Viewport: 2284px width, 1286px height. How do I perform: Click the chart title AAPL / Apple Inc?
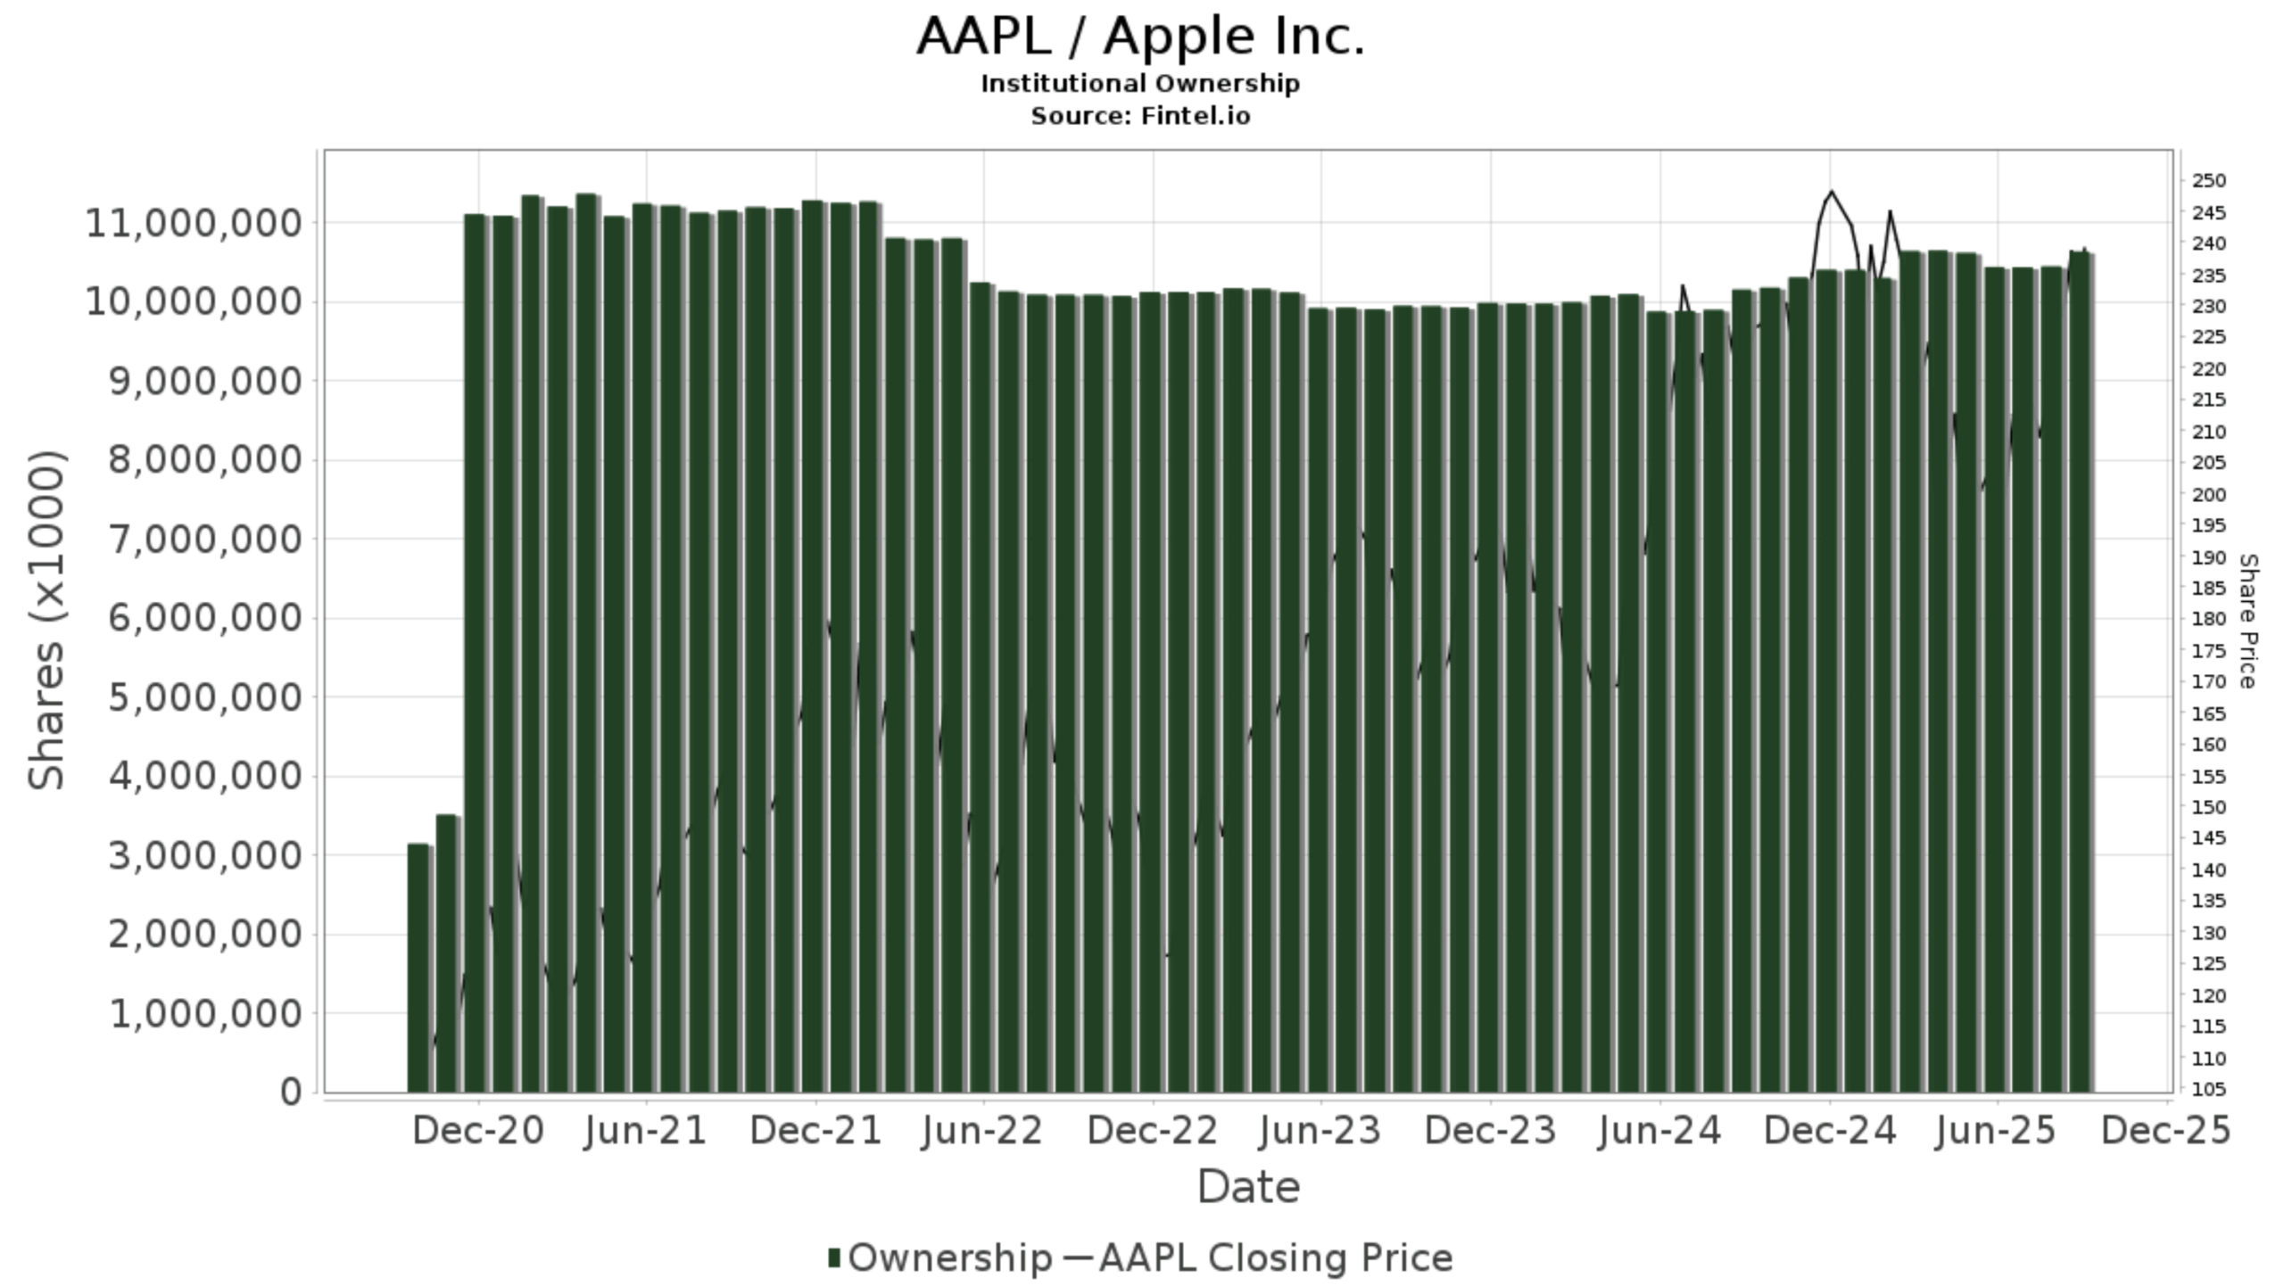click(x=1140, y=37)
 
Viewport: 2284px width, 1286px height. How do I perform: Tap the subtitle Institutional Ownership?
click(x=1140, y=84)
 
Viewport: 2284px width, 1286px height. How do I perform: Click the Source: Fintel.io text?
click(x=1140, y=116)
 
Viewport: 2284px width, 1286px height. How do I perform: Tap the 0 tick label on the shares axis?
click(x=291, y=1092)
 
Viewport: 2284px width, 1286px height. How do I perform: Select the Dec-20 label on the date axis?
click(x=477, y=1131)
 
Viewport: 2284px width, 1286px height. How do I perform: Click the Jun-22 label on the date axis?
click(x=983, y=1131)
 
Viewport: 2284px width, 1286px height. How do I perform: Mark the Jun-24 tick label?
click(x=1659, y=1131)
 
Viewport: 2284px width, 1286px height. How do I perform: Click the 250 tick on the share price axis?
click(x=2209, y=181)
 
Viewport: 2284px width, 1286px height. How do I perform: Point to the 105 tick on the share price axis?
click(x=2209, y=1090)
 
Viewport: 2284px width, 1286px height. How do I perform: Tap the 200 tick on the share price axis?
click(x=2209, y=495)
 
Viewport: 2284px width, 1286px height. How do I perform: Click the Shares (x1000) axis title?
click(x=46, y=620)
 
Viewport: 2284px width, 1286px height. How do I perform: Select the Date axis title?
click(x=1247, y=1188)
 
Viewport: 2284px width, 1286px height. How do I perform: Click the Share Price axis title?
click(x=2247, y=621)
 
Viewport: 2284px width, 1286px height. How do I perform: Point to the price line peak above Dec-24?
click(x=1832, y=192)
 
